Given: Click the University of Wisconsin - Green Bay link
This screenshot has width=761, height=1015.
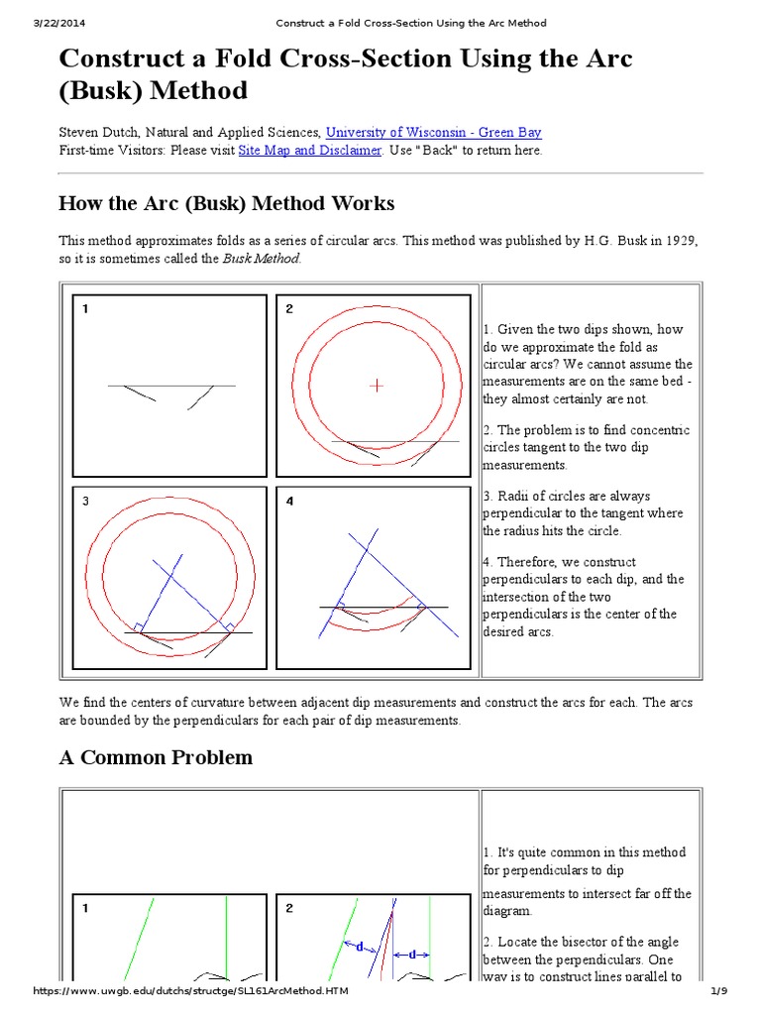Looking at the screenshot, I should click(433, 132).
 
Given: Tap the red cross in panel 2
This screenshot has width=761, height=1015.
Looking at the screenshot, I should click(376, 385).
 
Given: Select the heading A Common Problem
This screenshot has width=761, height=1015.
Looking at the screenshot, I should click(156, 758).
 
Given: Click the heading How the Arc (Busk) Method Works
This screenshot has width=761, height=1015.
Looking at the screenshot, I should click(226, 204).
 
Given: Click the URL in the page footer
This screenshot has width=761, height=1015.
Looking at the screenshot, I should click(191, 992).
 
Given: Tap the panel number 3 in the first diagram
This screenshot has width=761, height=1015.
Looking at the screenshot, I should click(86, 502).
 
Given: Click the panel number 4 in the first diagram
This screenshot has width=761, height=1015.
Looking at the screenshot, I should click(289, 502).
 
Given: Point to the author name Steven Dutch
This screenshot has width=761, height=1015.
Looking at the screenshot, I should click(95, 132).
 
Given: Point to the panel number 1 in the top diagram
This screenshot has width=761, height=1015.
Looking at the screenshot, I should click(86, 309).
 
